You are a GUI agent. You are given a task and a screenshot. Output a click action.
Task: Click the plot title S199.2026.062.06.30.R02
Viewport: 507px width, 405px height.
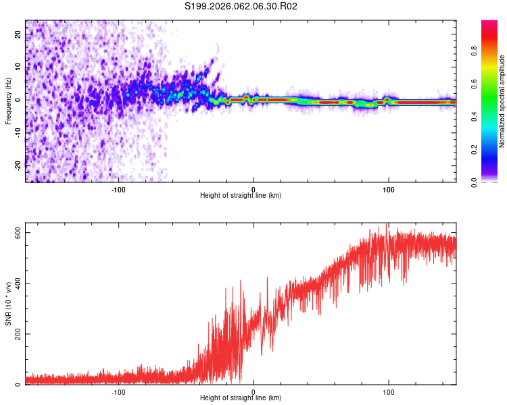[241, 7]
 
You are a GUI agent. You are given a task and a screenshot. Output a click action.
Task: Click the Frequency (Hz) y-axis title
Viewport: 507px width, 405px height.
[7, 100]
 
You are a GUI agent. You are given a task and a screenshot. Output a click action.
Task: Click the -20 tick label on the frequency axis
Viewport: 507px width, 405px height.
[16, 165]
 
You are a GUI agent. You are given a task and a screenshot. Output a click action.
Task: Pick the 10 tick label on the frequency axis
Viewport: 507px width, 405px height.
[18, 67]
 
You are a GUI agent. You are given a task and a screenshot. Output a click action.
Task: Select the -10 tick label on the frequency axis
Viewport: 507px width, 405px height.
[16, 132]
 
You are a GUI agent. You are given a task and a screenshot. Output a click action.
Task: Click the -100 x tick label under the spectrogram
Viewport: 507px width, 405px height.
[119, 189]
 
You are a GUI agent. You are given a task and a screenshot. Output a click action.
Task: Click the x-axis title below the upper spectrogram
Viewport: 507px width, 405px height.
[241, 196]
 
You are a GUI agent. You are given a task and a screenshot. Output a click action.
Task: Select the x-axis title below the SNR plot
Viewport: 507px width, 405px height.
[241, 398]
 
